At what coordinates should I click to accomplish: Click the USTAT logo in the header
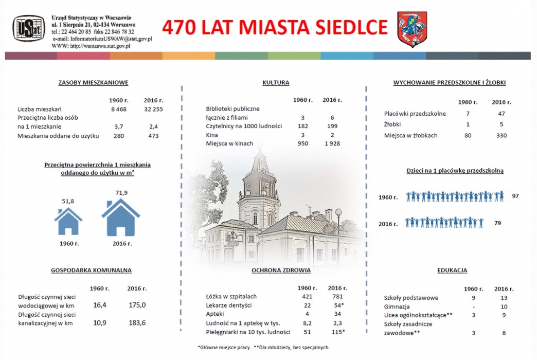29,28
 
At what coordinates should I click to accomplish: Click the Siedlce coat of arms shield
413,29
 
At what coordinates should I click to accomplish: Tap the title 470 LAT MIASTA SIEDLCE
275,27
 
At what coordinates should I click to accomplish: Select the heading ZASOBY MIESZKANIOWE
93,83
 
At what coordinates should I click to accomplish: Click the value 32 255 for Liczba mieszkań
153,109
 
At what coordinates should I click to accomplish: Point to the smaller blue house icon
68,221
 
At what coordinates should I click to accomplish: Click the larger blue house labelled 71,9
120,218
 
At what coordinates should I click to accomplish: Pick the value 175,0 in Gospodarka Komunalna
137,305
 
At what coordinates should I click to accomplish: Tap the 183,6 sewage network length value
137,322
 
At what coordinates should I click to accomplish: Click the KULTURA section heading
276,83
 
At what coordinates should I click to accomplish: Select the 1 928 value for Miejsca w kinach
332,143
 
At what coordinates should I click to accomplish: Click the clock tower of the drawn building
259,192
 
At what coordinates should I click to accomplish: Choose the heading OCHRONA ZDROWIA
281,270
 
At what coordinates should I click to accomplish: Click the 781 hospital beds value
337,296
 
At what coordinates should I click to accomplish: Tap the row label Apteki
214,314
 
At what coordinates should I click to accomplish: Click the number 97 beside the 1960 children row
515,196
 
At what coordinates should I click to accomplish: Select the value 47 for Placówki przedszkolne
502,114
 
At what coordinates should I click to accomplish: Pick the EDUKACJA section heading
452,270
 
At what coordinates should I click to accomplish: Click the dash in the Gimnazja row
473,307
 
